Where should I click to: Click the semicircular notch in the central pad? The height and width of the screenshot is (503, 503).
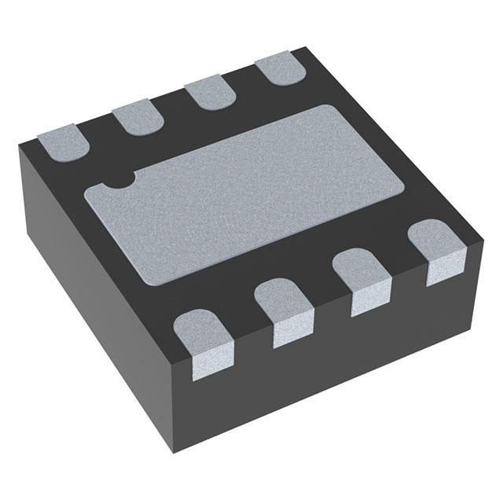pyautogui.click(x=119, y=182)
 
